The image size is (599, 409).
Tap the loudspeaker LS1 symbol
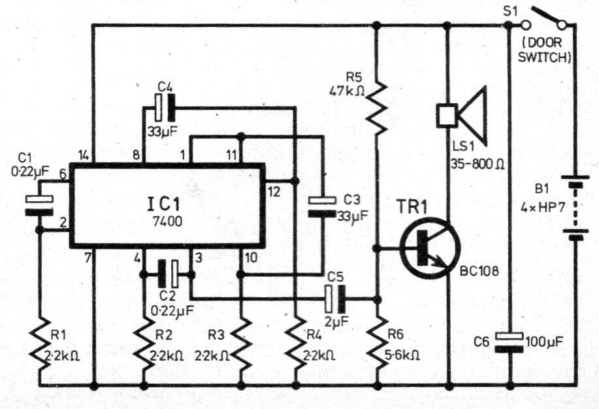click(461, 116)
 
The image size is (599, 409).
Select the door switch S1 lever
click(544, 17)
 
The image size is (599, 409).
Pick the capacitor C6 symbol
click(510, 342)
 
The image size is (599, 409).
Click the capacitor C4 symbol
click(164, 108)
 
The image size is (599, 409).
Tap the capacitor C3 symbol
click(322, 207)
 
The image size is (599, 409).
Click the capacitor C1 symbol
click(39, 205)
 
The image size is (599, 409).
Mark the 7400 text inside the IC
click(167, 221)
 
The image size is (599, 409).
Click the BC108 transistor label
click(479, 271)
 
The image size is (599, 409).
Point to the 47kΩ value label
click(347, 91)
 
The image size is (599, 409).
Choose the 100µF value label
click(544, 342)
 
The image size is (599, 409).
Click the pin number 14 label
click(84, 155)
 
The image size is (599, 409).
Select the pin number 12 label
click(274, 191)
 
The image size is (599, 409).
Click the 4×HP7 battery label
click(543, 208)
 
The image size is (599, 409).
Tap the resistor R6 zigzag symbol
click(377, 342)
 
